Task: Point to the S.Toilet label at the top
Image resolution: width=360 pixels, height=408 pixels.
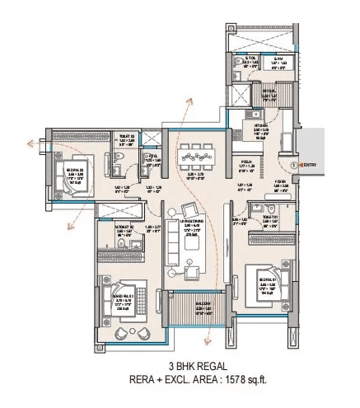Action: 237,59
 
